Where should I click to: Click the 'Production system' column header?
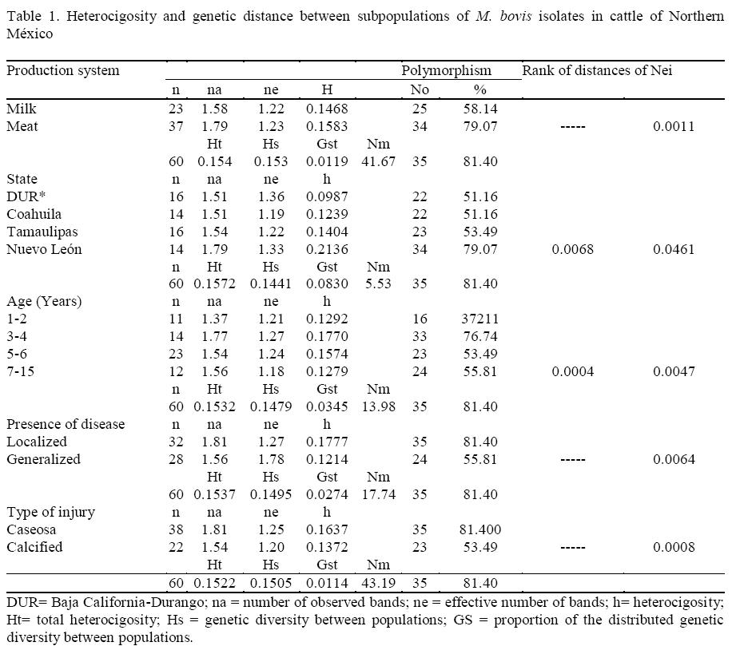tap(63, 70)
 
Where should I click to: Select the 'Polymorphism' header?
tap(446, 70)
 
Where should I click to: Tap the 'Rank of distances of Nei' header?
tap(597, 70)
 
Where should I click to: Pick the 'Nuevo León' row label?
tap(44, 249)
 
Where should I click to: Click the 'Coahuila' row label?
tap(34, 214)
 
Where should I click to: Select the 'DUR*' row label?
tap(23, 196)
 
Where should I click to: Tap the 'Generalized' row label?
tap(43, 459)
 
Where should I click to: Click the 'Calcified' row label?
tap(34, 547)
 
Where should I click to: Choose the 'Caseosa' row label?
tap(31, 529)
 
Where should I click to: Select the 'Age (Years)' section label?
tap(44, 301)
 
